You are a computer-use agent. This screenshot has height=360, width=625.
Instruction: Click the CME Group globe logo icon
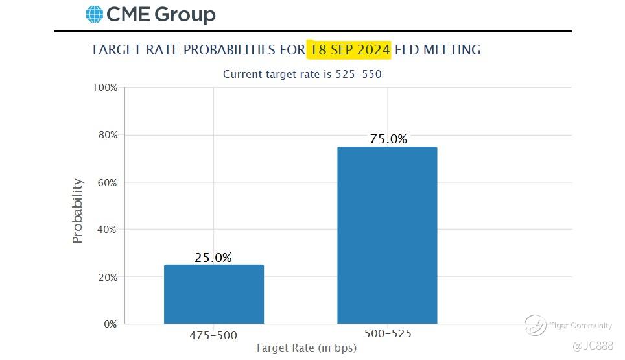tap(95, 14)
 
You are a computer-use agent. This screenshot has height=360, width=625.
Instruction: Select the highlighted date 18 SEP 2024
tap(350, 49)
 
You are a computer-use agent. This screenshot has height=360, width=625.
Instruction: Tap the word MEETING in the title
tap(452, 49)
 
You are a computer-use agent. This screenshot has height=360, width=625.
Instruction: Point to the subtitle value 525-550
tap(358, 74)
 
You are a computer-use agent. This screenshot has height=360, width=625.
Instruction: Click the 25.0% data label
tap(213, 258)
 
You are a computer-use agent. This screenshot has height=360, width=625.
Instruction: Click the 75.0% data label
tap(388, 139)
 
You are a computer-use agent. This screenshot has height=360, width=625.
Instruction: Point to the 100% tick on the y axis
tap(104, 88)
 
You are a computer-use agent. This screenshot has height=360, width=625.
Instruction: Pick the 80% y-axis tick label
tap(106, 135)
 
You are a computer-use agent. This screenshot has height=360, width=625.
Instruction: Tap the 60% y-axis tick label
tap(106, 182)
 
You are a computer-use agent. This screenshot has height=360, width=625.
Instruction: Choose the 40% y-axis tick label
tap(106, 230)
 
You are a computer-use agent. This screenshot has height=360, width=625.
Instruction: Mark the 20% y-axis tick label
tap(106, 277)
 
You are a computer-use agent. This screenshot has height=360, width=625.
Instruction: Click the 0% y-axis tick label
tap(110, 324)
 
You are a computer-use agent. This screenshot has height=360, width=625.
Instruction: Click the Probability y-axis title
tap(78, 211)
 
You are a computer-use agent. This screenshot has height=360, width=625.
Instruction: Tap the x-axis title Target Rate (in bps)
tap(305, 348)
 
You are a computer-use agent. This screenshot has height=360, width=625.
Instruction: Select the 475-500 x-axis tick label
tap(213, 335)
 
